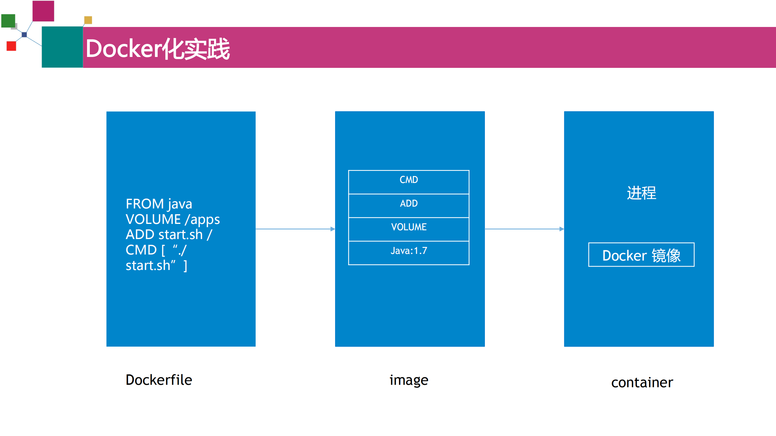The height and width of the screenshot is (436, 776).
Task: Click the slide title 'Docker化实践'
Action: (x=158, y=49)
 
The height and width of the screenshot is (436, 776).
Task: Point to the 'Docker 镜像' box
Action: (x=641, y=255)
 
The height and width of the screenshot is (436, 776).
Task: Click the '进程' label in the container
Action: (x=641, y=193)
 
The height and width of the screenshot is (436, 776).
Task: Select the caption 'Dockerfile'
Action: (x=159, y=380)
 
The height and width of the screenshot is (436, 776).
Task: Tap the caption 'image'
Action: (x=408, y=380)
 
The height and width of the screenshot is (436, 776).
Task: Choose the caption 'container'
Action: (x=642, y=382)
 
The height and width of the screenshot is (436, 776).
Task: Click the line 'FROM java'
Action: (x=159, y=204)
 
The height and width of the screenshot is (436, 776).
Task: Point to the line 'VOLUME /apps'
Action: (x=173, y=219)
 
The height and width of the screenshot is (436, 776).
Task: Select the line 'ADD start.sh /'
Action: (x=169, y=235)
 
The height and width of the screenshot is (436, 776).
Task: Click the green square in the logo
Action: (x=8, y=21)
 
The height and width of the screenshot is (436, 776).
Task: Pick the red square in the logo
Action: (x=11, y=46)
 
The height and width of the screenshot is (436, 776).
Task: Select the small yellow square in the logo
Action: (x=88, y=20)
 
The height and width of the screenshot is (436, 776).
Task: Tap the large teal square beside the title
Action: (x=62, y=47)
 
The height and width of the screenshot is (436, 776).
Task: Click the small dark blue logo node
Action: (x=24, y=35)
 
